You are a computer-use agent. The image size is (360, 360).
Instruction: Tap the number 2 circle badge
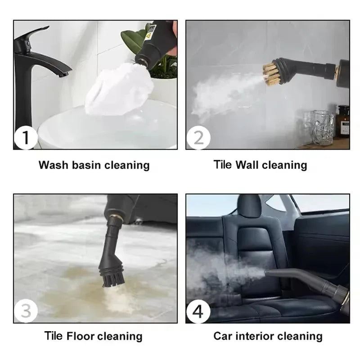(198, 138)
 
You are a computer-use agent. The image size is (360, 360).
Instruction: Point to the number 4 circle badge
(198, 310)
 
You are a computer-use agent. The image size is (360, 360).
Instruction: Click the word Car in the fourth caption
(223, 336)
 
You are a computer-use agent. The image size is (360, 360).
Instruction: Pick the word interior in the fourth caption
(256, 336)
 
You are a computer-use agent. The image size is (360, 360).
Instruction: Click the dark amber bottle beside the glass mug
(342, 121)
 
